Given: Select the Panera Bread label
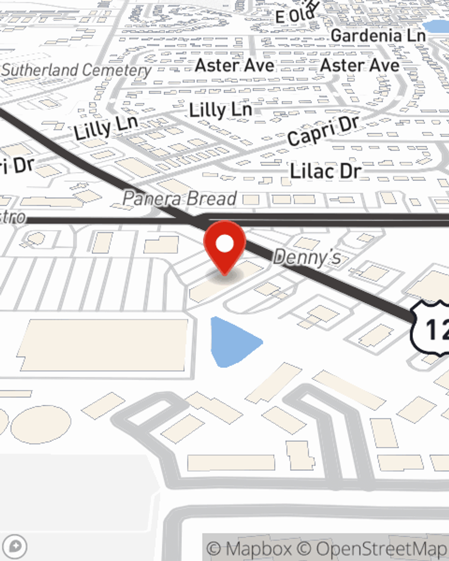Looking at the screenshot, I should [180, 198].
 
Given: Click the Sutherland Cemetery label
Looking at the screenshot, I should [76, 70].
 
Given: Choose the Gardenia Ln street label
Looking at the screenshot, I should [378, 35].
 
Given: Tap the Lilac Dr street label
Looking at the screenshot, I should [326, 171].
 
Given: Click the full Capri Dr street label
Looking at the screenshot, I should [323, 131].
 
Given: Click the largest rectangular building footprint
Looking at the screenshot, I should [103, 345].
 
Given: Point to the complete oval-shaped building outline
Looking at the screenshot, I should [40, 424].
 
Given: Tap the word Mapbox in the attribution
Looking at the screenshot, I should [259, 548].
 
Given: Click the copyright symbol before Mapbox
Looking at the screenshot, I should [214, 549].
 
